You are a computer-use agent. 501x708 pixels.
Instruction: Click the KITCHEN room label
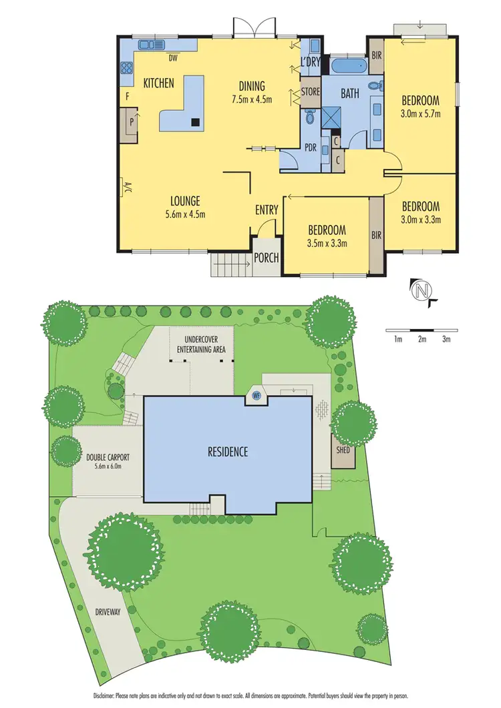(159, 83)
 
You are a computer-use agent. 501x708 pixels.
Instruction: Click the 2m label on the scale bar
(422, 340)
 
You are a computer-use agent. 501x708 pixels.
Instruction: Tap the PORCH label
(267, 258)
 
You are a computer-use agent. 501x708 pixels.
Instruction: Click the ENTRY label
(267, 210)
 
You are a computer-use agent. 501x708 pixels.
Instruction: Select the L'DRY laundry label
(311, 61)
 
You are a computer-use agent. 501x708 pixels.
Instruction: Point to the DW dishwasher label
(172, 57)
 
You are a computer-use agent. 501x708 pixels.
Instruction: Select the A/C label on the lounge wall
(124, 188)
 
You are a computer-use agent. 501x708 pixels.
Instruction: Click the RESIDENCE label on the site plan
(227, 452)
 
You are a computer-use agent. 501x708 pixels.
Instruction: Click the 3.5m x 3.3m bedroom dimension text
(327, 243)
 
